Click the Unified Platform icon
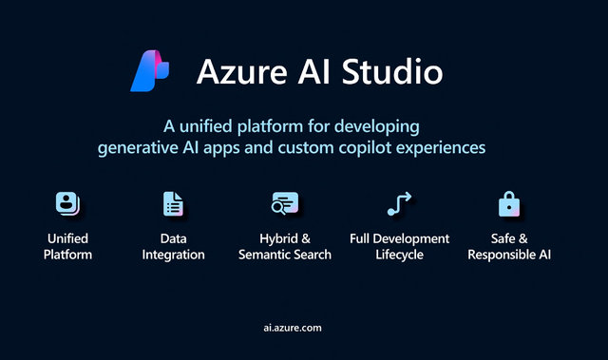(x=67, y=204)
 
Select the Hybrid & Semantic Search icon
(x=284, y=204)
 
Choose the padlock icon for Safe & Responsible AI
(x=509, y=204)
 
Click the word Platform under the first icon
(x=68, y=256)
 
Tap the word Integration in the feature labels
(x=174, y=256)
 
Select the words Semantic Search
(x=284, y=256)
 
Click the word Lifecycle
(x=398, y=256)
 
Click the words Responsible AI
(x=509, y=256)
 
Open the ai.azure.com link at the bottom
(x=293, y=327)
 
